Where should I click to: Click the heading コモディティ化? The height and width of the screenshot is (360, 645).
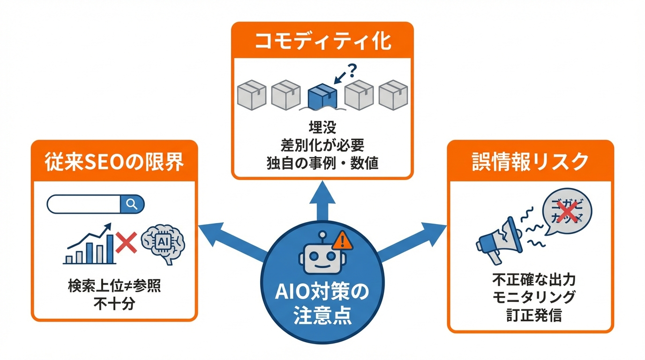tap(322, 42)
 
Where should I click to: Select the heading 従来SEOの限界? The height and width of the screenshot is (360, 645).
tap(114, 162)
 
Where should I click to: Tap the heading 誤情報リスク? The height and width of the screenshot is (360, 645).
tap(530, 162)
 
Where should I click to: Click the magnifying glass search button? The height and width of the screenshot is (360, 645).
tap(132, 204)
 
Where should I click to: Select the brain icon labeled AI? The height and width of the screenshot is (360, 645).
tap(163, 243)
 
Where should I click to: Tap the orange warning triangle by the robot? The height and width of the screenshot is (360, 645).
tap(342, 240)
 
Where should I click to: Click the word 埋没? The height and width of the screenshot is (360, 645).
tap(322, 126)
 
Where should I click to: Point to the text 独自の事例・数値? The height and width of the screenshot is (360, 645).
tap(322, 164)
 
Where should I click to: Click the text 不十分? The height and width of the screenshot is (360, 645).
tap(114, 304)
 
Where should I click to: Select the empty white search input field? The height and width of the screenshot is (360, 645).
tap(84, 204)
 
